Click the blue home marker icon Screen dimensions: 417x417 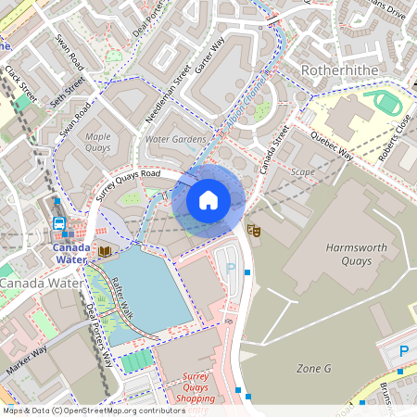pos(208,200)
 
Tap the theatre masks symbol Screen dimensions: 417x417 pos(254,229)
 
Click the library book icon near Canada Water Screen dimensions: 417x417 pos(104,251)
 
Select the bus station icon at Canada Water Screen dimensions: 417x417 pos(59,224)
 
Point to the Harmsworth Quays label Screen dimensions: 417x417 pos(335,254)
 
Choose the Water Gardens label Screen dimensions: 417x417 pos(176,139)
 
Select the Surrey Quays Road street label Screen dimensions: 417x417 pos(128,184)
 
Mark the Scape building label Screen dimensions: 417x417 pos(303,171)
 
